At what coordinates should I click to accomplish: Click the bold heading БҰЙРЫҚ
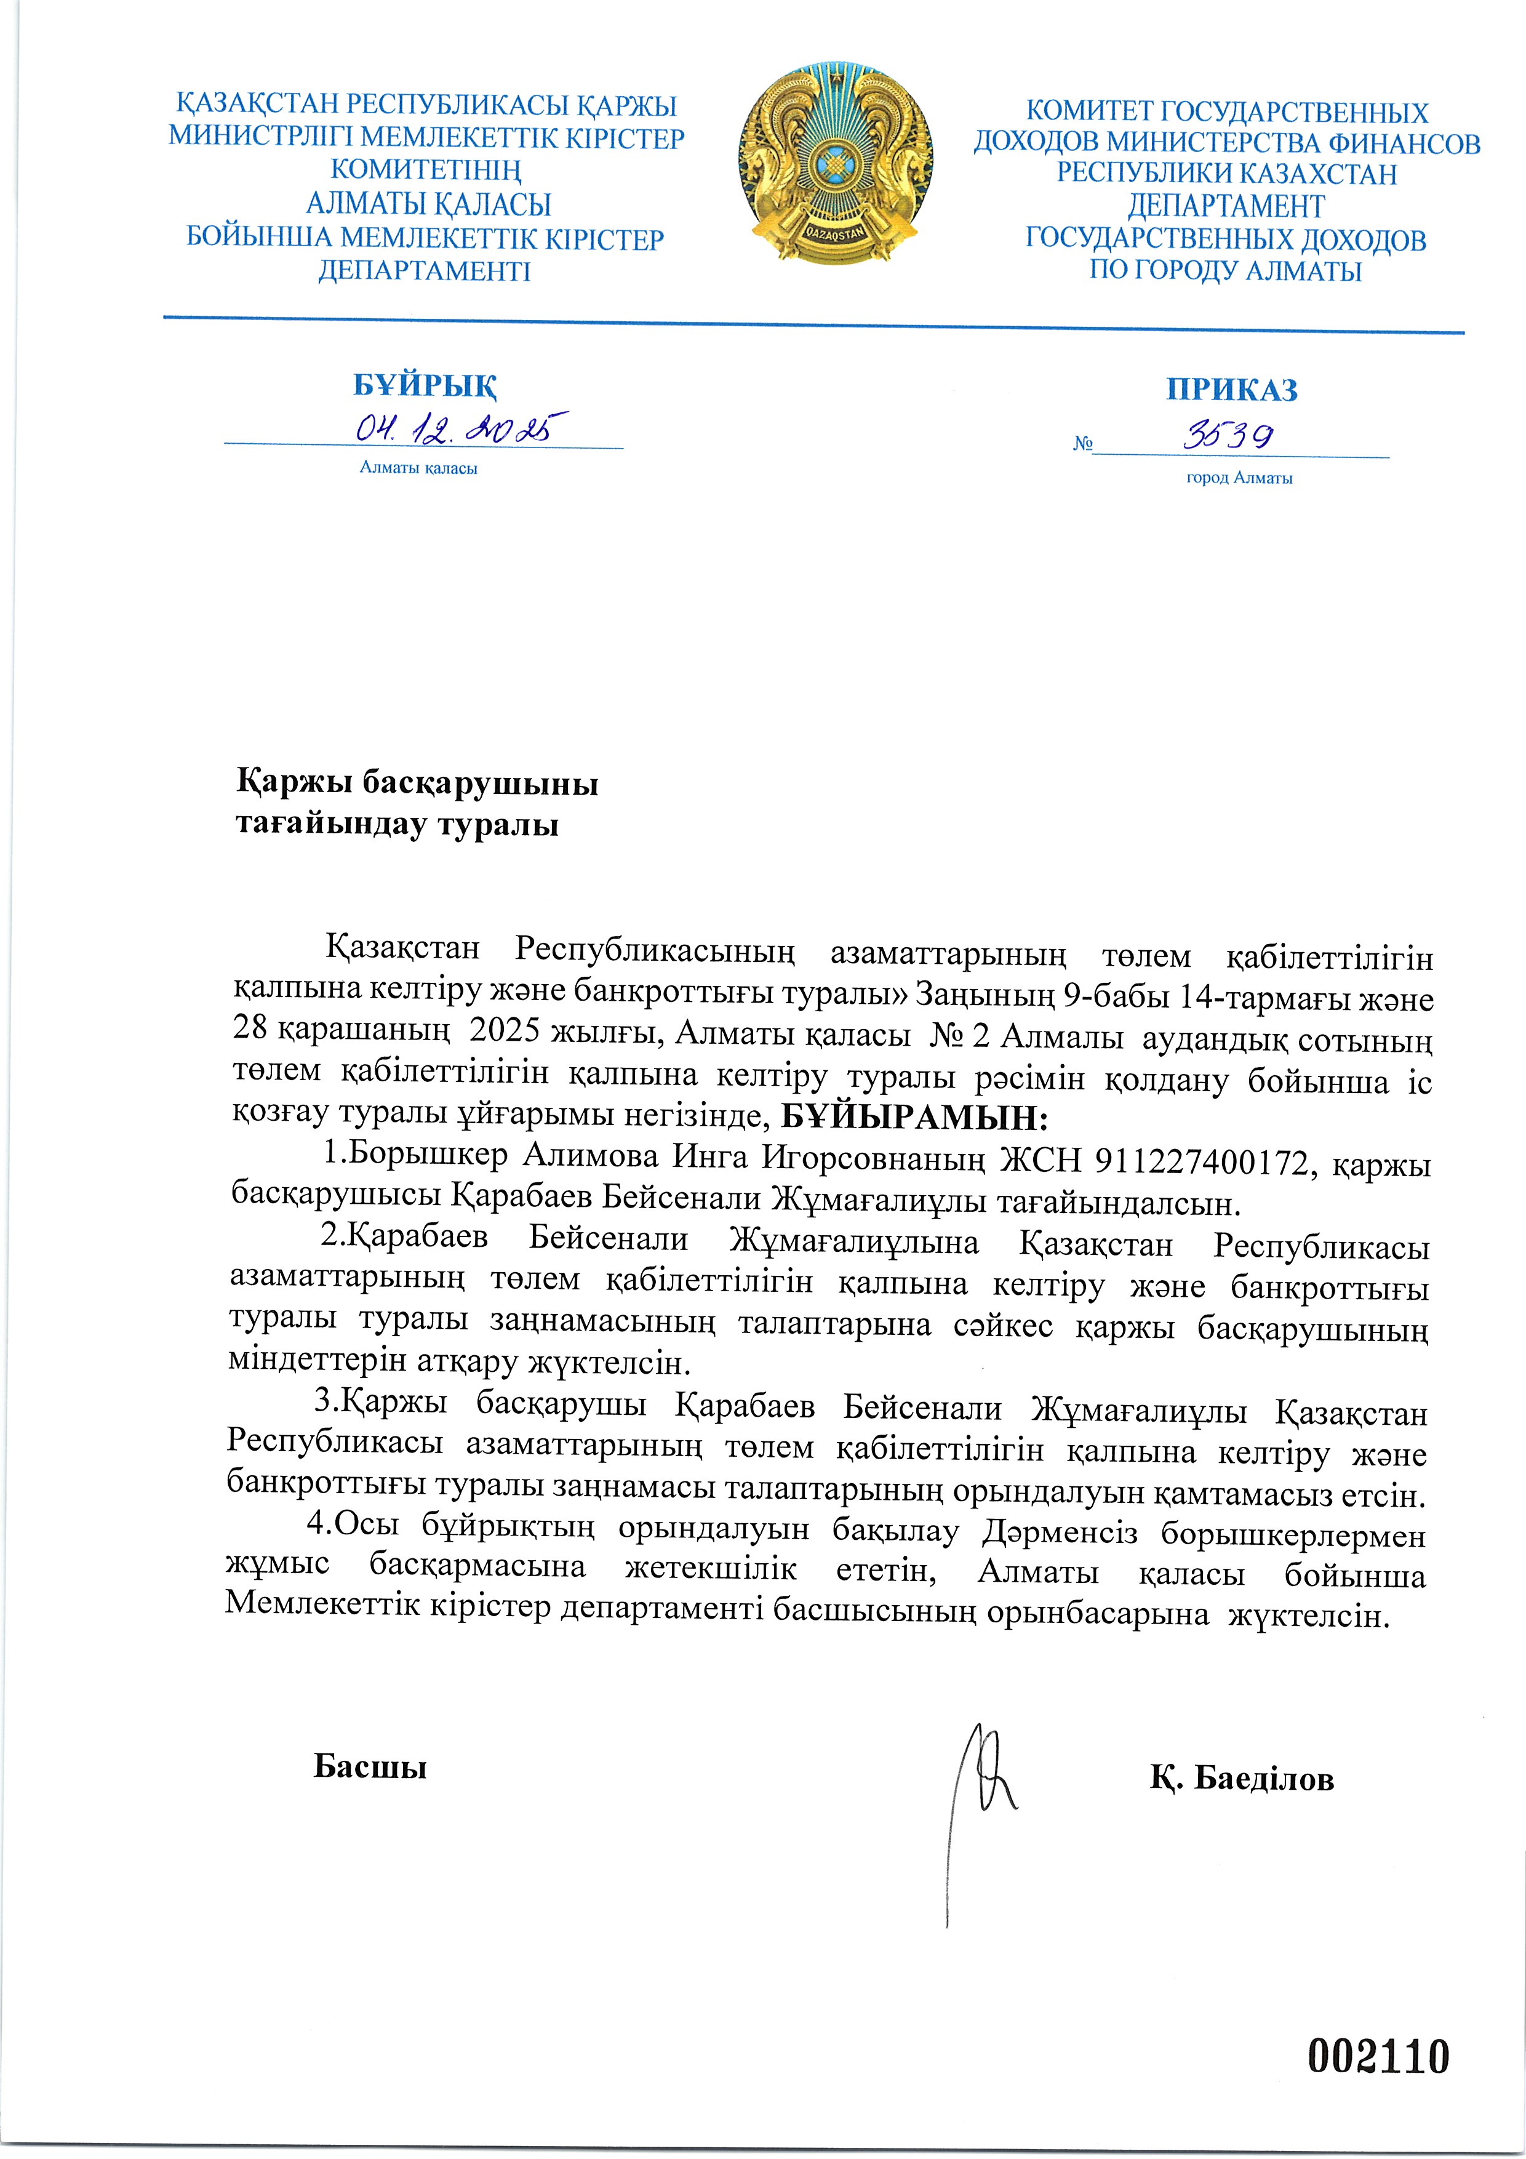coord(425,385)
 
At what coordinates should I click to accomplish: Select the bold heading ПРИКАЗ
coord(1232,390)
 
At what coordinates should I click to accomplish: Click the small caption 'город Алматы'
coord(1239,478)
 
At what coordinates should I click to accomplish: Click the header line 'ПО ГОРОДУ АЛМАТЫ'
coord(1225,272)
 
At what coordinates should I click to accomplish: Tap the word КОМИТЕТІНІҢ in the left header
coord(426,171)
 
